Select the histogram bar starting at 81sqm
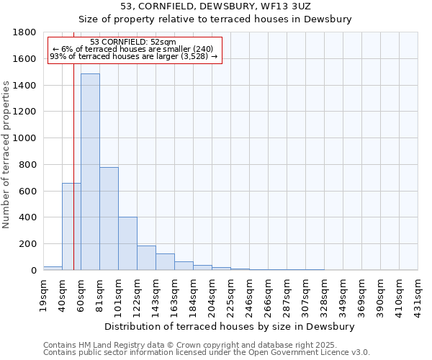pos(109,218)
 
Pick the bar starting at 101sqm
pos(127,243)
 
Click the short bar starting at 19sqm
pos(53,268)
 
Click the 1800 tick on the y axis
pos(27,32)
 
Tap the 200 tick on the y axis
pos(30,244)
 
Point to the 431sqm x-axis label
pos(418,294)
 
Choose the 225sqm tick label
pos(231,294)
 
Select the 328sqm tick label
pos(325,294)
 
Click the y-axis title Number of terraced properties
pos(6,155)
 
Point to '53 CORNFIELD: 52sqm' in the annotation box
pos(133,42)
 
